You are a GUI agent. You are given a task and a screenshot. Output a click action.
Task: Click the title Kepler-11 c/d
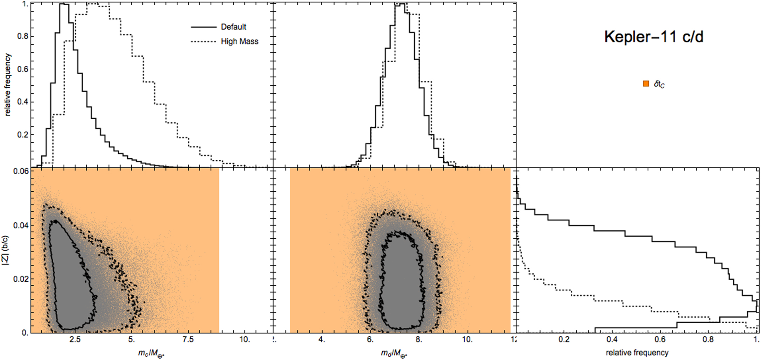pyautogui.click(x=654, y=37)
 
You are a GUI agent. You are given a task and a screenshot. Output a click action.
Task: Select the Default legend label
pyautogui.click(x=233, y=27)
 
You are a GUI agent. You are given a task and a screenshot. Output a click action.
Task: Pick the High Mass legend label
pyautogui.click(x=239, y=42)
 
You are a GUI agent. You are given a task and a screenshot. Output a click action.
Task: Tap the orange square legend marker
pyautogui.click(x=646, y=84)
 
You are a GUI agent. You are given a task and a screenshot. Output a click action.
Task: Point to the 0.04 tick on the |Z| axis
pyautogui.click(x=20, y=225)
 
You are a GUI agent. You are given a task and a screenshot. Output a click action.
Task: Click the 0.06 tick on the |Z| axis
pyautogui.click(x=20, y=171)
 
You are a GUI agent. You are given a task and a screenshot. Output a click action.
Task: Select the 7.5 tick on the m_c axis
pyautogui.click(x=188, y=339)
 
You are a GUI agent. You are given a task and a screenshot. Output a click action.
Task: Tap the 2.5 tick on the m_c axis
pyautogui.click(x=75, y=339)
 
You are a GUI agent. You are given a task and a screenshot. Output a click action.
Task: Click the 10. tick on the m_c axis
pyautogui.click(x=245, y=339)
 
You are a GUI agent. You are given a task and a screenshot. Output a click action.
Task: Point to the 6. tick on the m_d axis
pyautogui.click(x=370, y=339)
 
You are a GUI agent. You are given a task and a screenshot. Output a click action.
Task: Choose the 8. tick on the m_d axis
pyautogui.click(x=418, y=339)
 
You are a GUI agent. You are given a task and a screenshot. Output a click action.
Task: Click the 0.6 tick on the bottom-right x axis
pyautogui.click(x=660, y=339)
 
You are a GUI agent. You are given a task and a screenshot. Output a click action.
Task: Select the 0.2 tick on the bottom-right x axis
pyautogui.click(x=564, y=339)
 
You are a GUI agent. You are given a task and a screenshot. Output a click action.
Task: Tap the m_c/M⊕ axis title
pyautogui.click(x=151, y=353)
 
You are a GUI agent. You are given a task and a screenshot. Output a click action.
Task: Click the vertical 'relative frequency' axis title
pyautogui.click(x=8, y=85)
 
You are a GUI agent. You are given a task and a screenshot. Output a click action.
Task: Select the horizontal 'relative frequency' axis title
pyautogui.click(x=637, y=353)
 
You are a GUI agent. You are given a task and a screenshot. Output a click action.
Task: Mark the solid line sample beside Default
pyautogui.click(x=203, y=27)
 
